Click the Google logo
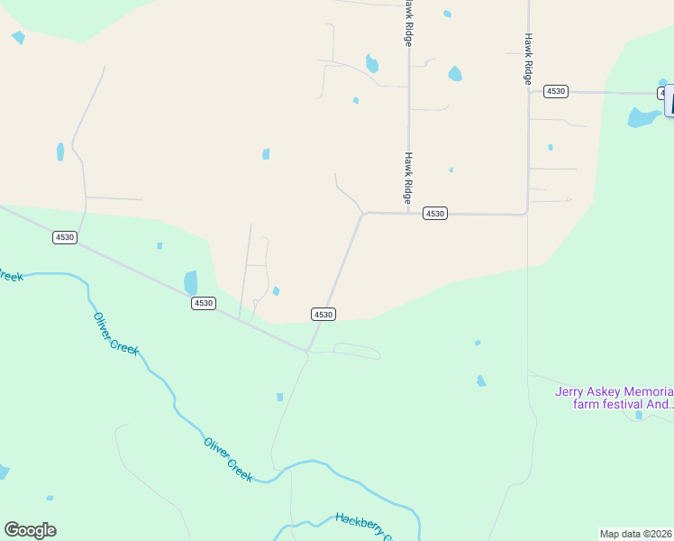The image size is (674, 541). [x=30, y=530]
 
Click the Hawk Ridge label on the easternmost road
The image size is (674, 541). [x=528, y=60]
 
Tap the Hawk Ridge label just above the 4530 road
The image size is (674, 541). [x=408, y=176]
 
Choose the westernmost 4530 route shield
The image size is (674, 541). [x=65, y=237]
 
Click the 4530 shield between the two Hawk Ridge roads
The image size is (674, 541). [x=435, y=214]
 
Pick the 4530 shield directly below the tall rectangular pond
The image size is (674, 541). [x=203, y=303]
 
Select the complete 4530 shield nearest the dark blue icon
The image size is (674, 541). [x=556, y=91]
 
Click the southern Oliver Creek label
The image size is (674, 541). [x=228, y=459]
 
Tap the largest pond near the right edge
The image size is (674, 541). [x=642, y=117]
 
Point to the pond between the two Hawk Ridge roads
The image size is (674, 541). [x=455, y=74]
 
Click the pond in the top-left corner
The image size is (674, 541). [x=18, y=38]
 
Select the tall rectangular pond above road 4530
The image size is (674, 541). [x=190, y=282]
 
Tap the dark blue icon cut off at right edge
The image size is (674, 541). [x=669, y=100]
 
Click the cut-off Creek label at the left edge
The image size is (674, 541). [x=11, y=276]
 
